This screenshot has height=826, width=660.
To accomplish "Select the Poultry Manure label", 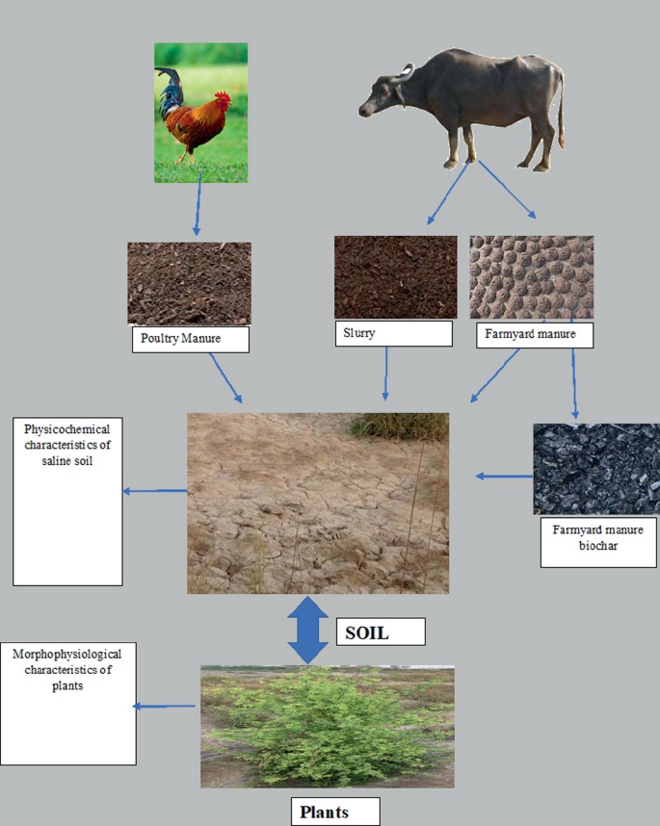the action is pyautogui.click(x=189, y=339).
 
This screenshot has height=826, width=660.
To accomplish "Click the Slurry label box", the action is pyautogui.click(x=393, y=333).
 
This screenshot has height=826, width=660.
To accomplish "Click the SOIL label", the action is pyautogui.click(x=381, y=632).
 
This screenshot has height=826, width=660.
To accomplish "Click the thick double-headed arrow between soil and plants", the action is pyautogui.click(x=308, y=630).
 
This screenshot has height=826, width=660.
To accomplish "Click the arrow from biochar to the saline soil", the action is pyautogui.click(x=504, y=476).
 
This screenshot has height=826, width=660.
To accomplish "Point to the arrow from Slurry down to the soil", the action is pyautogui.click(x=386, y=373).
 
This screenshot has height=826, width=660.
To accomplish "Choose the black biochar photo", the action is pyautogui.click(x=595, y=469).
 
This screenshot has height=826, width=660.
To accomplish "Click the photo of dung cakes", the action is pyautogui.click(x=531, y=277).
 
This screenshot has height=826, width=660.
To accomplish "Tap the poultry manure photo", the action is pyautogui.click(x=189, y=283).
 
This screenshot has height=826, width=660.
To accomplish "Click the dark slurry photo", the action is pyautogui.click(x=395, y=277).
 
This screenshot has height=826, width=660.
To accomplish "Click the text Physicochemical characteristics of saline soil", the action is pyautogui.click(x=66, y=444).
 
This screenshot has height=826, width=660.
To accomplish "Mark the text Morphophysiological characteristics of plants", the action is pyautogui.click(x=68, y=669).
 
